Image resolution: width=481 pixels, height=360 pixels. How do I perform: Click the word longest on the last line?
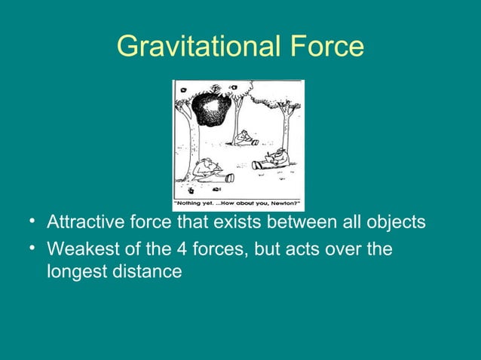tap(76, 271)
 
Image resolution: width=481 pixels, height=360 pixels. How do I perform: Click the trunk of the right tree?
tap(287, 128)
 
